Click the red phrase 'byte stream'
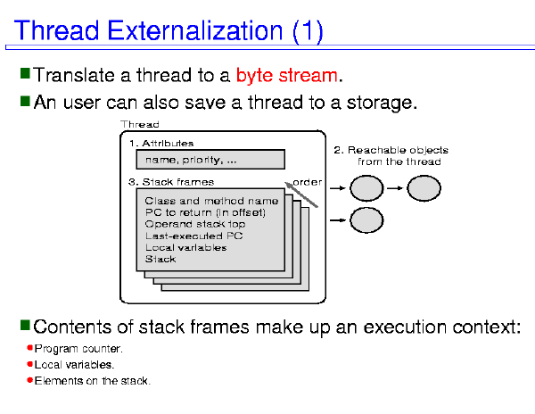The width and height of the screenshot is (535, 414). (x=286, y=76)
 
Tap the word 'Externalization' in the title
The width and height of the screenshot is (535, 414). (x=194, y=30)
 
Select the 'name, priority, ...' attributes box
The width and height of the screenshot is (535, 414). (x=210, y=160)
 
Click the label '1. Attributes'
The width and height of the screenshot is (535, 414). (x=161, y=144)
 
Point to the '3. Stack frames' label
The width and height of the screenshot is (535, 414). (x=171, y=182)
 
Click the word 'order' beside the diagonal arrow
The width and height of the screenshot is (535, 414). (x=307, y=183)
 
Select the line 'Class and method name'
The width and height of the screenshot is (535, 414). (x=211, y=201)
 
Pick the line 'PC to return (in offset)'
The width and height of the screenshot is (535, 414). (x=205, y=212)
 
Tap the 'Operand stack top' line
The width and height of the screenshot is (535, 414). (x=195, y=224)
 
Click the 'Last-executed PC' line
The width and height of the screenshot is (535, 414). (x=193, y=236)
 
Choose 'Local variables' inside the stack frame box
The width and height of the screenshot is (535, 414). (x=186, y=247)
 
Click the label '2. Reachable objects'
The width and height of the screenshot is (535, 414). (x=391, y=150)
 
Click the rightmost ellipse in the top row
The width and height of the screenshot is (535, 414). (x=424, y=188)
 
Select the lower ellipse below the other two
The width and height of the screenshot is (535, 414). (x=366, y=220)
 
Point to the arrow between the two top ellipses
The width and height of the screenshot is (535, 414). (x=395, y=188)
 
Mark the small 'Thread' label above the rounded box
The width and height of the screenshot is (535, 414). (x=140, y=124)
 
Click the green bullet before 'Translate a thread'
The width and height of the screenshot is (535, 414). (x=25, y=73)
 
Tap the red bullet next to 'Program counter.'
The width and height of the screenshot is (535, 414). (x=29, y=348)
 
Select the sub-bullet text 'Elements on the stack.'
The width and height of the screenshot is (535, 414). (x=93, y=381)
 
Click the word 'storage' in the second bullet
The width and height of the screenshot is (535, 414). (x=380, y=103)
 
